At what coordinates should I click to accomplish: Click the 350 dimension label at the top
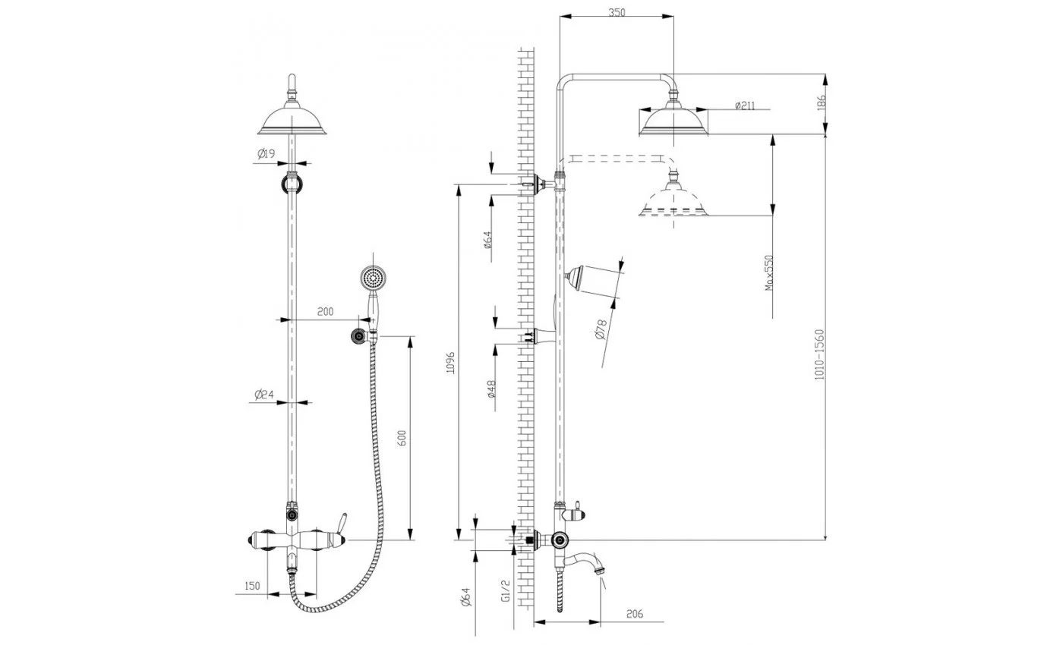[617, 12]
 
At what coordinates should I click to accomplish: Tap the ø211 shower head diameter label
[745, 105]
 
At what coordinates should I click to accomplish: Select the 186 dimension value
[822, 102]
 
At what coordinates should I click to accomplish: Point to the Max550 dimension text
[769, 272]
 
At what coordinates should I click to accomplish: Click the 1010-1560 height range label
[819, 354]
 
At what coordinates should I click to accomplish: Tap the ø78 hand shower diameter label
[601, 330]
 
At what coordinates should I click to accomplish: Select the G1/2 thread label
[505, 591]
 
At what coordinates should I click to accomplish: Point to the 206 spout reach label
[635, 614]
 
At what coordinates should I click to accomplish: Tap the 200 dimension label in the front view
[325, 312]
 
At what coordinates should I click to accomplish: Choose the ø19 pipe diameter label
[267, 153]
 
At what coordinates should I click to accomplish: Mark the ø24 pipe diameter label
[264, 394]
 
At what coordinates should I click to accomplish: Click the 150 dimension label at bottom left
[252, 586]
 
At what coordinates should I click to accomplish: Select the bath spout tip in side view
[601, 568]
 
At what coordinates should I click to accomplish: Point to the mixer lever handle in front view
[340, 524]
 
